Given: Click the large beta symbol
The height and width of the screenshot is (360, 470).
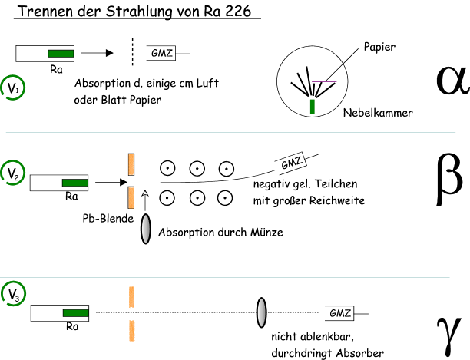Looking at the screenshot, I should [x=448, y=178].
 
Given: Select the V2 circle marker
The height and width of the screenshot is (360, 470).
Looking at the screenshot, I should [x=13, y=171].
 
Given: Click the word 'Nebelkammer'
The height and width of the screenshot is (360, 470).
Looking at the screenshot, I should [x=378, y=113].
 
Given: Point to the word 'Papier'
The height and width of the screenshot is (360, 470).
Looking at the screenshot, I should [x=379, y=48].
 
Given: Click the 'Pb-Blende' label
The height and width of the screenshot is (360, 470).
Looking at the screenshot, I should [x=108, y=218].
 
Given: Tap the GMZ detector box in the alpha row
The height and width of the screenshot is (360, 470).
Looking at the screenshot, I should [x=162, y=53].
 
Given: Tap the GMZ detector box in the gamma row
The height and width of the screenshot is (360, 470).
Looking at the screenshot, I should [x=340, y=312].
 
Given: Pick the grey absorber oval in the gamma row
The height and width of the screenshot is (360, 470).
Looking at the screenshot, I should [x=261, y=312].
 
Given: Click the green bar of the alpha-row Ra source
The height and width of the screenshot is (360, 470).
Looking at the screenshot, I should [x=61, y=54].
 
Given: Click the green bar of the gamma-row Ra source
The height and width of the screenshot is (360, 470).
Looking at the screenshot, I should [x=74, y=313].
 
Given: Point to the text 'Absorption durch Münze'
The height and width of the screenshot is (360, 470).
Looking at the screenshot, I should [x=220, y=232].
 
